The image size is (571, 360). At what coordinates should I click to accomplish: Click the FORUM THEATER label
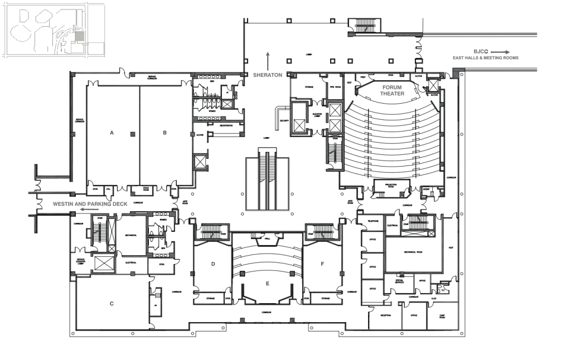coord(393,90)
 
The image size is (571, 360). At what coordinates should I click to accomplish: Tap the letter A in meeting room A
coord(112,133)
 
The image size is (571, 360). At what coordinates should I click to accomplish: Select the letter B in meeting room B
coord(164,133)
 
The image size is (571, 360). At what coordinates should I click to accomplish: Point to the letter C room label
coord(112,303)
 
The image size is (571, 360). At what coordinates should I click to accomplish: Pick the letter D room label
coord(213,264)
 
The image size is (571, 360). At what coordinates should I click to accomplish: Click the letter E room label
coord(268,284)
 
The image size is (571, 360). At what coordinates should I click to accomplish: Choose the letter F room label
coord(322,264)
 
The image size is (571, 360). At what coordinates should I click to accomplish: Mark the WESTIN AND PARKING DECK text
coord(90,204)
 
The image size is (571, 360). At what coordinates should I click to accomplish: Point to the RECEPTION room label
coord(386,315)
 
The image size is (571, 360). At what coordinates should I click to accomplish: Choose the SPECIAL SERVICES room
coord(399,281)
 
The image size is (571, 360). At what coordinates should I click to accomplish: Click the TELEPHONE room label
coord(372,221)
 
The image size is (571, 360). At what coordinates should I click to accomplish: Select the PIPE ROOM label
coord(335,87)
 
